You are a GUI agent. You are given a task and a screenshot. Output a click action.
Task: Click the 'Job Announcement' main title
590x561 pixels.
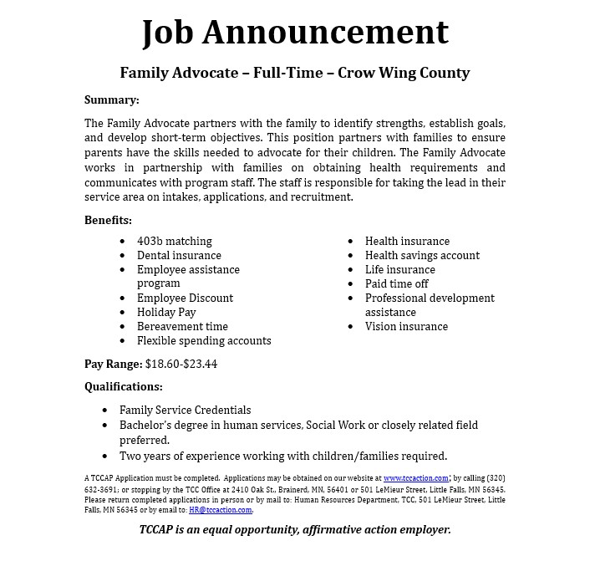(294, 32)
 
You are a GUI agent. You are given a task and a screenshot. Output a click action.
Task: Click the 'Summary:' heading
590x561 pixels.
(111, 99)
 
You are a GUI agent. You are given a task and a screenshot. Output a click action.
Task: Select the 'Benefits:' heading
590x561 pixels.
(108, 220)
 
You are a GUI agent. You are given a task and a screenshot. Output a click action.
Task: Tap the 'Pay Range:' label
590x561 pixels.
(113, 364)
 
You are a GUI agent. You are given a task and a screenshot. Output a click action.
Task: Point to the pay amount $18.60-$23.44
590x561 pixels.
(181, 364)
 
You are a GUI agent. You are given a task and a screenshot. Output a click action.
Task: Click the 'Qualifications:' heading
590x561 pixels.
(124, 386)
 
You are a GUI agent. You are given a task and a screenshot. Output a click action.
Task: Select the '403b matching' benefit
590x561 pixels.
(174, 241)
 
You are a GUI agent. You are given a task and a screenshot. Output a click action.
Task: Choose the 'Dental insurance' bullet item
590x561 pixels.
(179, 255)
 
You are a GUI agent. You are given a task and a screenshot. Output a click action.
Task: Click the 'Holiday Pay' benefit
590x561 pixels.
(166, 312)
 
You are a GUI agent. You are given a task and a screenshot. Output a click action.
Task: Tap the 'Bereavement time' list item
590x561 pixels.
(182, 326)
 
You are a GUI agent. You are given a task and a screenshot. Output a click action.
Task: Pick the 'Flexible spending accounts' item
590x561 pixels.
(204, 340)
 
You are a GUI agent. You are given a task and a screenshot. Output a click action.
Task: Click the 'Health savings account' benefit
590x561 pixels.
(422, 255)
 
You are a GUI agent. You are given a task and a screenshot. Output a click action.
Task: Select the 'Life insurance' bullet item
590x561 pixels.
(399, 269)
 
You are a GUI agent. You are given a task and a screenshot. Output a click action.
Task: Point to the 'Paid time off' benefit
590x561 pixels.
(396, 283)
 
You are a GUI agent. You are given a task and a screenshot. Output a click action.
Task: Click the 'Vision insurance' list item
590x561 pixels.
(406, 326)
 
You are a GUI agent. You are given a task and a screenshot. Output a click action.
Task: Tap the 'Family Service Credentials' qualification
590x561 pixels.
(185, 410)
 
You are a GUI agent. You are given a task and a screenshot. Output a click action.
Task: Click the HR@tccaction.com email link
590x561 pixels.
(221, 509)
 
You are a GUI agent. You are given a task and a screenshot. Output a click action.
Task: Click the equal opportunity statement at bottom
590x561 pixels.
(294, 529)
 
